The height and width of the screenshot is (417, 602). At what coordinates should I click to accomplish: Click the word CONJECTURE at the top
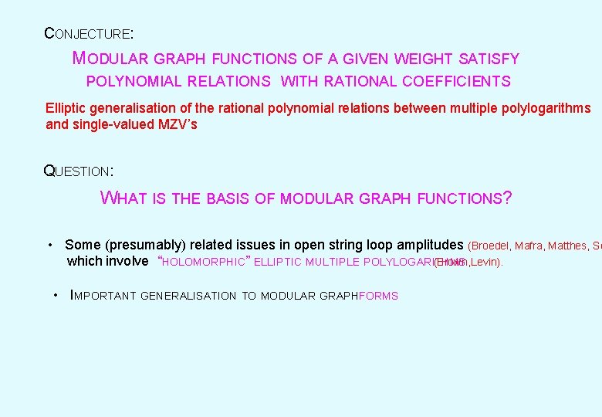88,34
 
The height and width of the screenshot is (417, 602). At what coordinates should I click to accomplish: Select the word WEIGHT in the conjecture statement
424,59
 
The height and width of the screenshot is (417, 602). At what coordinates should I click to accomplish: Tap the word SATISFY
489,59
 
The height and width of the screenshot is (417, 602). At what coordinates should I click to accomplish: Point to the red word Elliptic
66,108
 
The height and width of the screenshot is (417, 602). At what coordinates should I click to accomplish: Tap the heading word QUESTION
78,171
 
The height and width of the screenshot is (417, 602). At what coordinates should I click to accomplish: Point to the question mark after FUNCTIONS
507,198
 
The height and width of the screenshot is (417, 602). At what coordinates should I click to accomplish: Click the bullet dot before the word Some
50,245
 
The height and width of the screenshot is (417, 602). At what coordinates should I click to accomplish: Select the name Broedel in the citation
492,246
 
